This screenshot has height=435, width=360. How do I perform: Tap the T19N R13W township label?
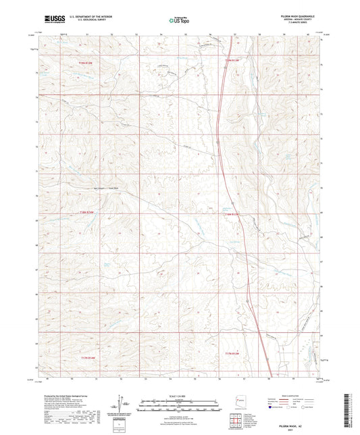point(231,61)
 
